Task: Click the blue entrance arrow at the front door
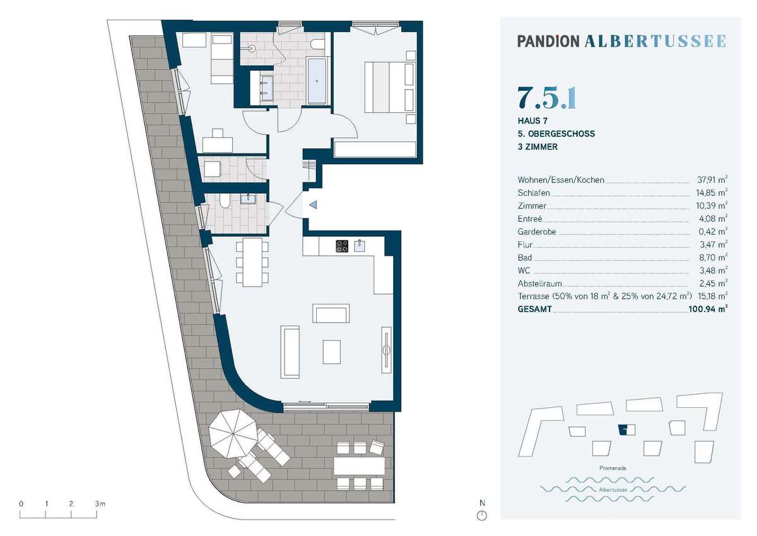pyautogui.click(x=314, y=205)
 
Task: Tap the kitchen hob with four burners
pyautogui.click(x=342, y=246)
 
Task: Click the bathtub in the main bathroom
pyautogui.click(x=317, y=81)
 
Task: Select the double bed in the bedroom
pyautogui.click(x=390, y=87)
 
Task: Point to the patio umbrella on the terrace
pyautogui.click(x=233, y=434)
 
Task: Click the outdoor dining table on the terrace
pyautogui.click(x=359, y=466)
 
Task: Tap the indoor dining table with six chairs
pyautogui.click(x=252, y=262)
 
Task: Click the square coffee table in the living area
pyautogui.click(x=331, y=352)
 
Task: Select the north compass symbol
pyautogui.click(x=482, y=516)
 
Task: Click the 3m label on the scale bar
pyautogui.click(x=100, y=504)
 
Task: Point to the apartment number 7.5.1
pyautogui.click(x=547, y=98)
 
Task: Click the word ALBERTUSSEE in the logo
pyautogui.click(x=655, y=41)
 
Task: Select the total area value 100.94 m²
pyautogui.click(x=708, y=309)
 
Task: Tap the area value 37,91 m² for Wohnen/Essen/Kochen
pyautogui.click(x=712, y=179)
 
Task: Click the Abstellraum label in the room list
pyautogui.click(x=540, y=283)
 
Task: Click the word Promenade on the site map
pyautogui.click(x=613, y=468)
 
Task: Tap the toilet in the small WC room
pyautogui.click(x=225, y=200)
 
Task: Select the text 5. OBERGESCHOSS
pyautogui.click(x=556, y=134)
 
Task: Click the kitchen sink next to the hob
pyautogui.click(x=360, y=246)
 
